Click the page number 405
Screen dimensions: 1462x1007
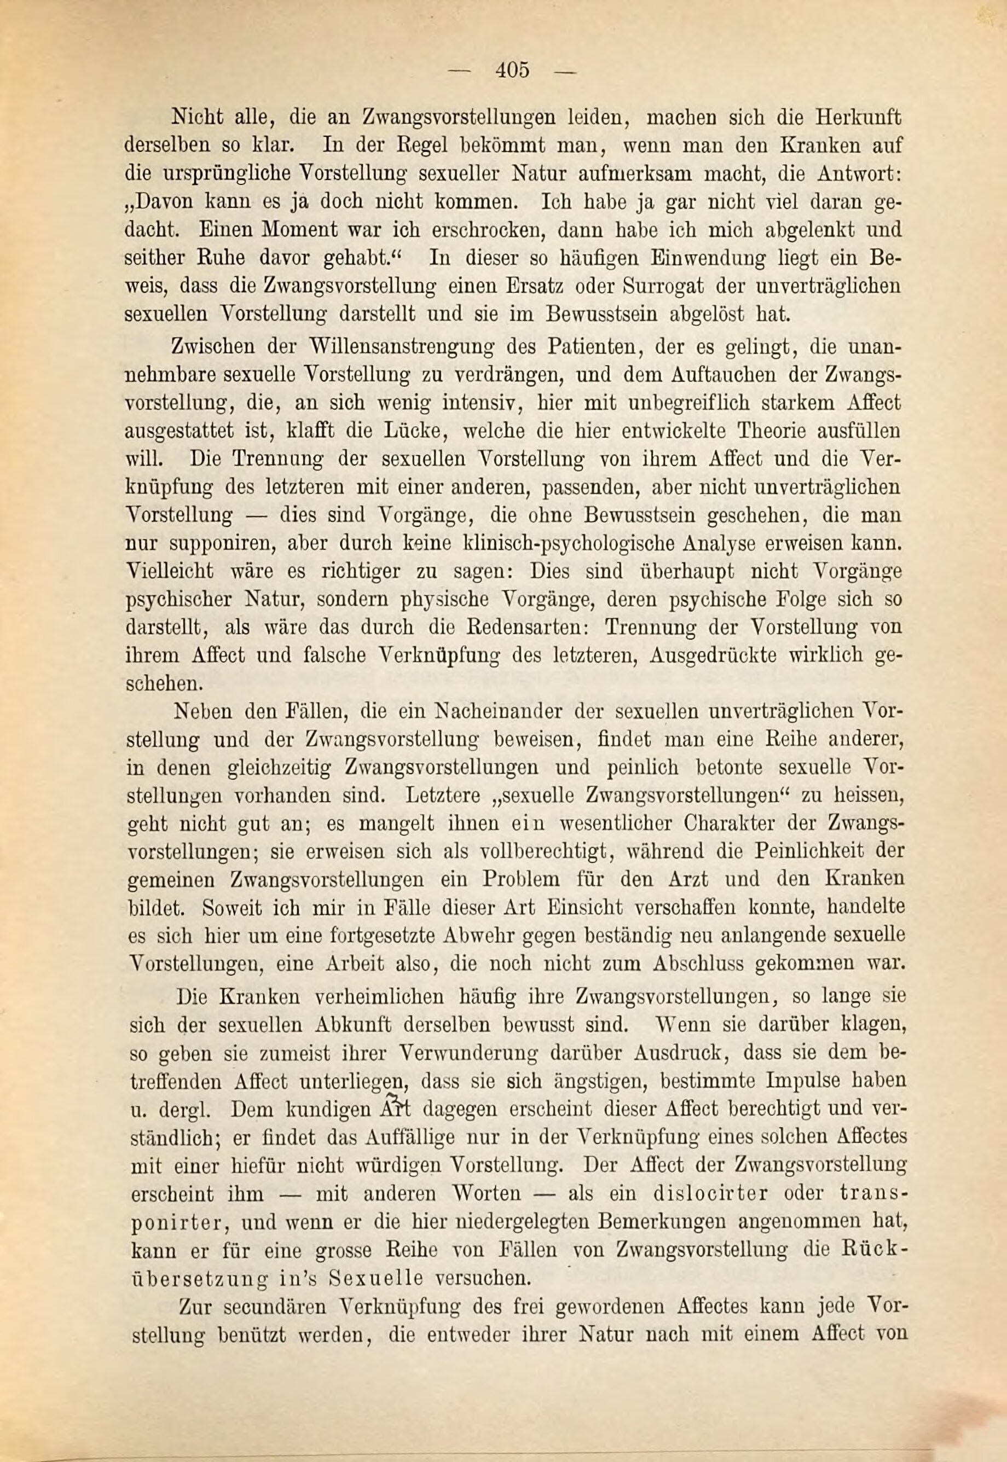pyautogui.click(x=512, y=69)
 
